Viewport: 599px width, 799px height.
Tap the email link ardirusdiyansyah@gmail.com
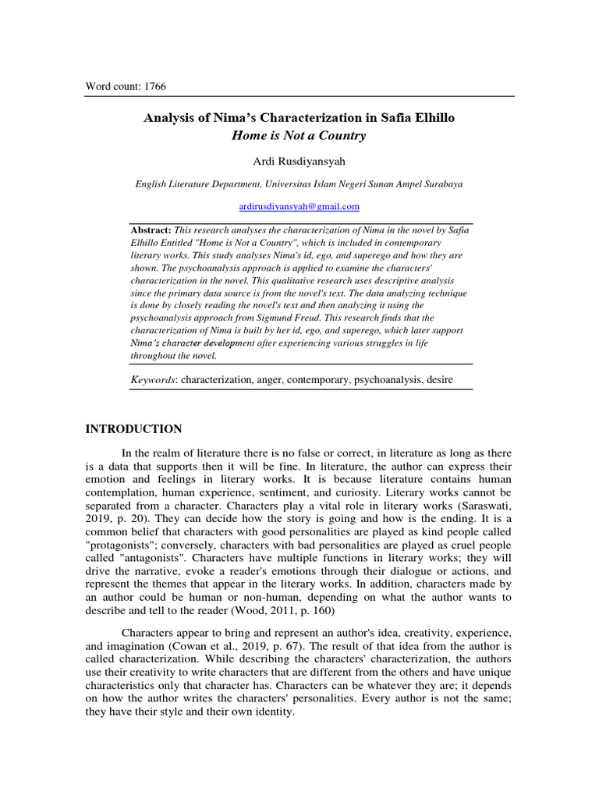(x=299, y=206)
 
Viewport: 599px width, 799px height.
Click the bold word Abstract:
(x=151, y=231)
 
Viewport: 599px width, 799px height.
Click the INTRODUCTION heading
(x=133, y=429)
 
